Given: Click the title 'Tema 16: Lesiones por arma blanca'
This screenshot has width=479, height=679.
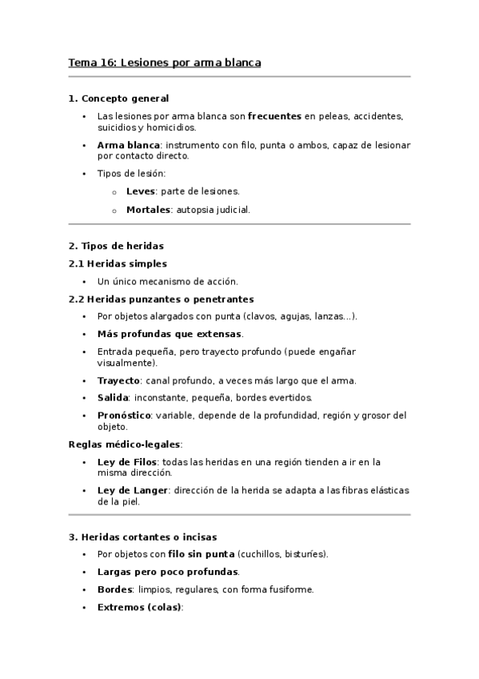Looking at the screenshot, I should click(x=165, y=62).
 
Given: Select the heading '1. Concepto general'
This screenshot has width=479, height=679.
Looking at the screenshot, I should click(x=118, y=98).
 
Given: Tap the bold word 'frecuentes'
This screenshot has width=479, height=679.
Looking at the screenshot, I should click(x=274, y=116).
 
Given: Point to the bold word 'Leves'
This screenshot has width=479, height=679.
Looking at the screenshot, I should click(x=140, y=191).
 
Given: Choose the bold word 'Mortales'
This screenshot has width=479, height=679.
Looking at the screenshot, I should click(x=149, y=210).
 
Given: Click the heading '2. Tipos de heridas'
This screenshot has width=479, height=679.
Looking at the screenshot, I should click(x=116, y=246).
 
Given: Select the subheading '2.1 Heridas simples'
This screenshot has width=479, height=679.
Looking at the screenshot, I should click(x=118, y=263).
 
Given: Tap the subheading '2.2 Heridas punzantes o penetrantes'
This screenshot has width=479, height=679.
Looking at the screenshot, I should click(x=161, y=299).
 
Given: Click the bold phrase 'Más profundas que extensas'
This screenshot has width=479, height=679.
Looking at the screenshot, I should click(x=169, y=334).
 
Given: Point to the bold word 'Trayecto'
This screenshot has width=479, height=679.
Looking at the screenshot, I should click(x=118, y=380).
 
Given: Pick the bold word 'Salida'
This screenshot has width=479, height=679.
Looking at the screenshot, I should click(x=113, y=398).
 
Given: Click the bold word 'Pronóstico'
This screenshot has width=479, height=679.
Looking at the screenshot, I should click(x=126, y=416).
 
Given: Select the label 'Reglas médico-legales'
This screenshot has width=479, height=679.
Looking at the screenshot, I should click(x=125, y=444).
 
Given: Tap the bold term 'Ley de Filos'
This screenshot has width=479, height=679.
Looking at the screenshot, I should click(x=127, y=462).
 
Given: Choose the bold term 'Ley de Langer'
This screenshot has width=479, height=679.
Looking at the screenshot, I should click(x=132, y=490).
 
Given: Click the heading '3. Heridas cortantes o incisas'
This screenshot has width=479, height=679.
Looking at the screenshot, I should click(x=142, y=536).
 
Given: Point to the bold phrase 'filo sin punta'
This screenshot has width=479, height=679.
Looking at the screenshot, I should click(x=202, y=554).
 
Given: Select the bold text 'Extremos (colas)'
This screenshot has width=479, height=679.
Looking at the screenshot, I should click(x=139, y=607).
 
